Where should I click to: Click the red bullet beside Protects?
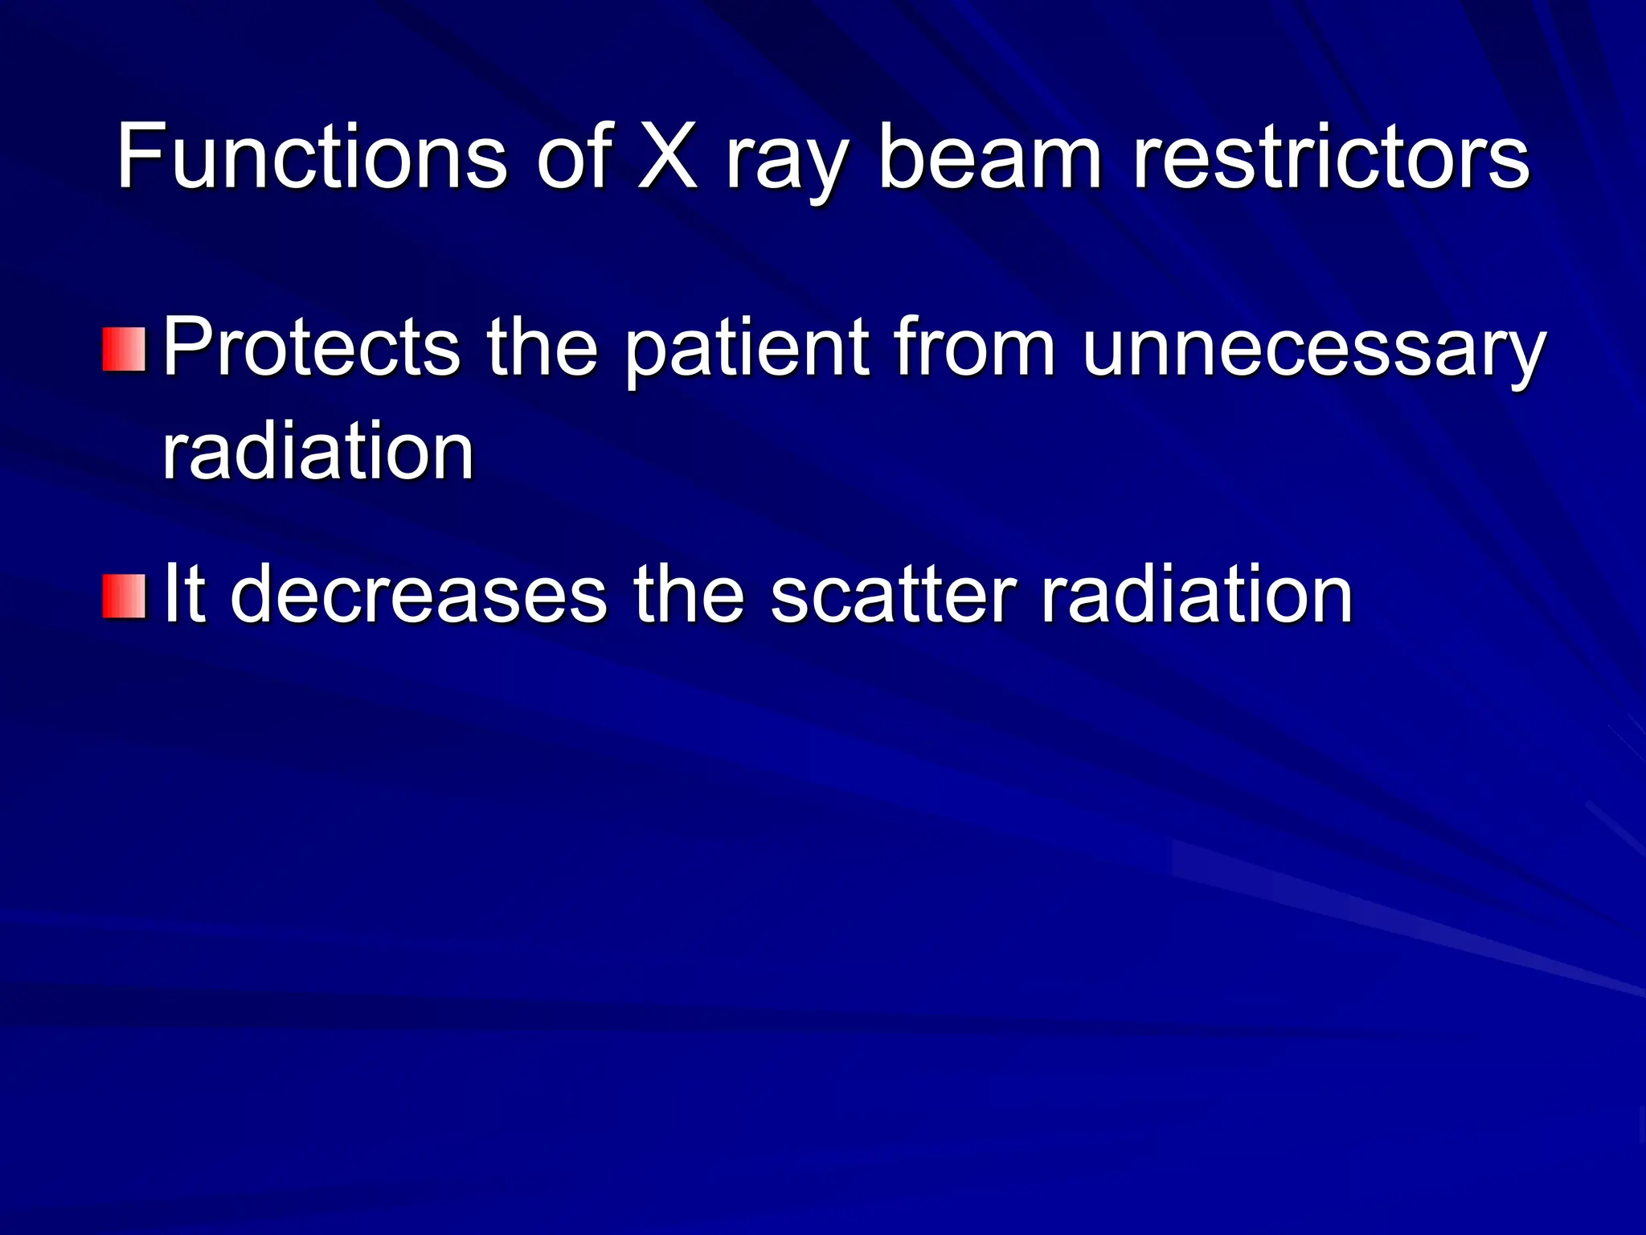[x=125, y=349]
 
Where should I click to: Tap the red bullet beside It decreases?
[x=125, y=597]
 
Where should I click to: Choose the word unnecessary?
[x=1313, y=354]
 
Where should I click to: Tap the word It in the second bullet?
[x=183, y=595]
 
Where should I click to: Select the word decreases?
[x=418, y=595]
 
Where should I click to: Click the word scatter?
[x=893, y=595]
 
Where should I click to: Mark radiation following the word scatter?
[x=1197, y=595]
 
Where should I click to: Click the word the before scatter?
[x=689, y=595]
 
